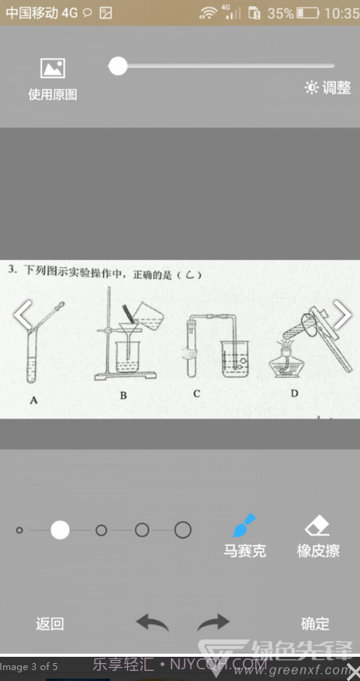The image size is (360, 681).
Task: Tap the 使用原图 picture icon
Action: click(52, 69)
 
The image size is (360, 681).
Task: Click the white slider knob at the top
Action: click(118, 66)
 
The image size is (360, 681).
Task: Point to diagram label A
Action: click(34, 401)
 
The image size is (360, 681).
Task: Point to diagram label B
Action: click(123, 396)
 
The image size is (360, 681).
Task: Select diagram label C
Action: click(196, 394)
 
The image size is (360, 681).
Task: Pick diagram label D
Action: click(294, 394)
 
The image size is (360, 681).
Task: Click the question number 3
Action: click(12, 270)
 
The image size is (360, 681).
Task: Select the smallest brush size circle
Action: click(20, 530)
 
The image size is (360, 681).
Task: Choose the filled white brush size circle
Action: click(60, 530)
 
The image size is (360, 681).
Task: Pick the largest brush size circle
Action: click(183, 530)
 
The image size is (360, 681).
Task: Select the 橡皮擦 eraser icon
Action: click(318, 524)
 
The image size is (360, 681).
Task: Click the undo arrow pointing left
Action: click(152, 622)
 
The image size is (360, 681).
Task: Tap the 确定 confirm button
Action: click(315, 624)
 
